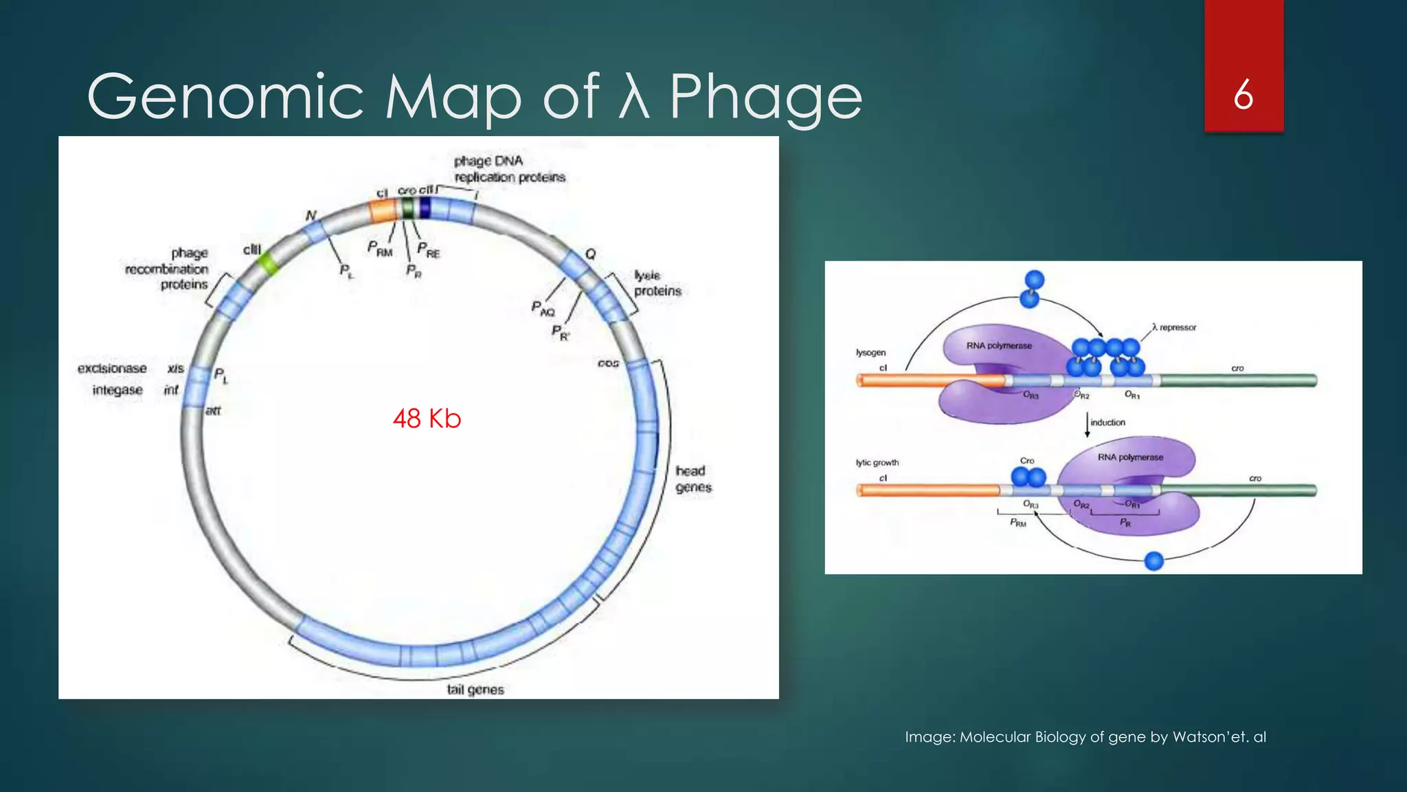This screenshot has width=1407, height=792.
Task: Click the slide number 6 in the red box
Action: (1243, 95)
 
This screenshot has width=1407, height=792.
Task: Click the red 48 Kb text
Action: (427, 418)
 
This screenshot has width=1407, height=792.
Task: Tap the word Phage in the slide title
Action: (765, 97)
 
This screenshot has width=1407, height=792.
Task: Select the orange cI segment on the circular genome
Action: (383, 210)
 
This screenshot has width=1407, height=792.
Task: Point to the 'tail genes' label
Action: (475, 690)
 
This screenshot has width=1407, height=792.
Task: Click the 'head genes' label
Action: (693, 479)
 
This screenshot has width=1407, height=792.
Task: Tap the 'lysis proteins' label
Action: (657, 283)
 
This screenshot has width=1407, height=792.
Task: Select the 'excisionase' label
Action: (112, 368)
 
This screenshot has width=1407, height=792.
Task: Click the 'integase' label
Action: (117, 390)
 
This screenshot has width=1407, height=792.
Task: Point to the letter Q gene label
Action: (590, 254)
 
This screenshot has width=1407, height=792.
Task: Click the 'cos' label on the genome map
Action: (608, 363)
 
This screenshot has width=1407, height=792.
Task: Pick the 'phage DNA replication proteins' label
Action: (509, 169)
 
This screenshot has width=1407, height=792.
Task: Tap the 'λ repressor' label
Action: (1174, 327)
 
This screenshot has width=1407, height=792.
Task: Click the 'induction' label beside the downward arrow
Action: (1107, 422)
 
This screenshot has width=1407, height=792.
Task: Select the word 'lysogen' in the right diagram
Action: (870, 353)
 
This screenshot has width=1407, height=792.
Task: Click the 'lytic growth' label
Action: (877, 463)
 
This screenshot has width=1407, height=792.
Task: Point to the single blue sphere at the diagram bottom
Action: (1154, 561)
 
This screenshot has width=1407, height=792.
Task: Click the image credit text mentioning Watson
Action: (1085, 737)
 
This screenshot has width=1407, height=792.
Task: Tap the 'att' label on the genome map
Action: (213, 410)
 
